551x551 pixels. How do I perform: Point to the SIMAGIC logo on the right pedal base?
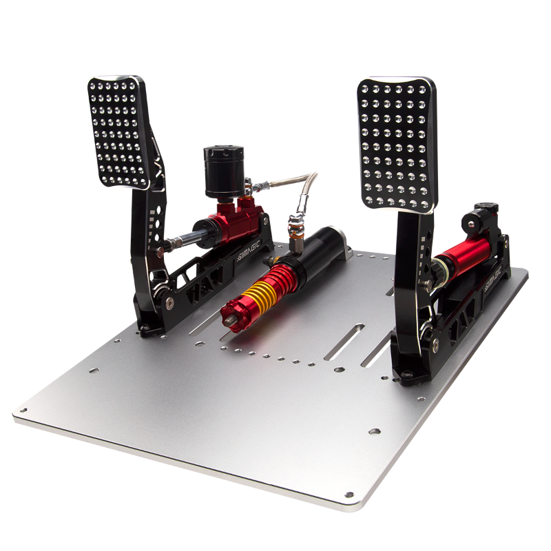pyautogui.click(x=492, y=279)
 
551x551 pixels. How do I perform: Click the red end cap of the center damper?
pyautogui.click(x=234, y=313)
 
